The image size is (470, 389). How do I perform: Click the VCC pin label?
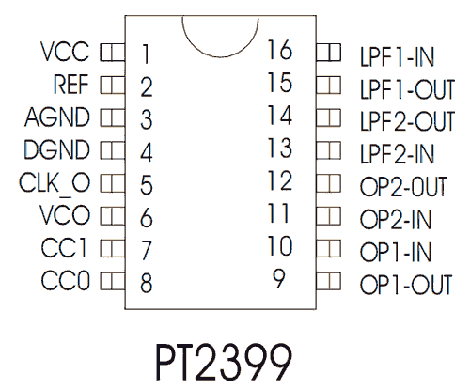point(65,52)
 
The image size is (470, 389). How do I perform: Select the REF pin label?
point(71,85)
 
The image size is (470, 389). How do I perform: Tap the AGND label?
point(57,117)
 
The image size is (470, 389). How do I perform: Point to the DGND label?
point(57,149)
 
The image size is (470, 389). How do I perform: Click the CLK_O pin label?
point(55,184)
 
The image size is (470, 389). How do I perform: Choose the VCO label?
point(65,215)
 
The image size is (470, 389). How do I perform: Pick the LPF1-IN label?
point(398,57)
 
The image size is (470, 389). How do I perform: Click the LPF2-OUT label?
point(407,121)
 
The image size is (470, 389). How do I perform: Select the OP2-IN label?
point(396,219)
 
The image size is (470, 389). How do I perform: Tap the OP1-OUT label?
point(406,285)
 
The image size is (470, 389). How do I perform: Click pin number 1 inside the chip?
point(146,54)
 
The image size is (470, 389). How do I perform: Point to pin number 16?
point(280,50)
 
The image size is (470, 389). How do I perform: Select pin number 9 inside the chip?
point(279,278)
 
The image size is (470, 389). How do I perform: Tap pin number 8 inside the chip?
point(147,283)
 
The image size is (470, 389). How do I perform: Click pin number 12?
point(280,180)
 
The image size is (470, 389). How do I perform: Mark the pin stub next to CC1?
point(113,249)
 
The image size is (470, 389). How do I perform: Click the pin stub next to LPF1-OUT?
point(329,86)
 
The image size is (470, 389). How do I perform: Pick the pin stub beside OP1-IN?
point(329,249)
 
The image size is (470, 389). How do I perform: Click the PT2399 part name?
point(224,363)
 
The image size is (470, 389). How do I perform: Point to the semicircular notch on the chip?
point(220,57)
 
